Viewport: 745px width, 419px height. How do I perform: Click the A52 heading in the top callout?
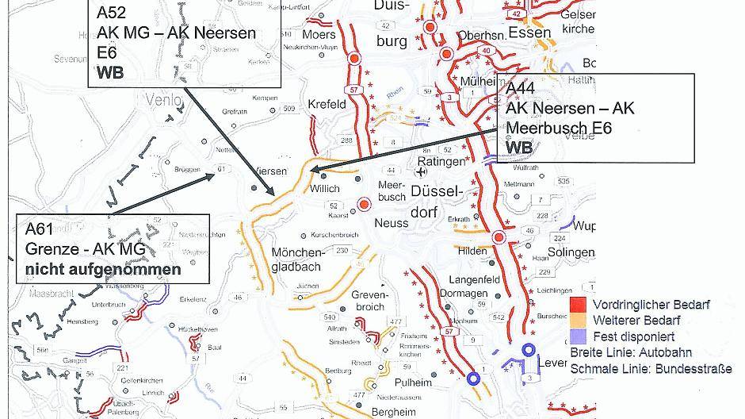coord(111,14)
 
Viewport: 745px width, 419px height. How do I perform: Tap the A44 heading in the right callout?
coord(521,88)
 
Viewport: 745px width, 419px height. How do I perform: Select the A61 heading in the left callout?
coord(40,229)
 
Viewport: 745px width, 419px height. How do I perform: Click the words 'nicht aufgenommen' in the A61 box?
coord(103,269)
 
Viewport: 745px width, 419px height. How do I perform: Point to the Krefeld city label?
coord(327,104)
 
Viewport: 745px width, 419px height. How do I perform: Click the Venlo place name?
coord(164,101)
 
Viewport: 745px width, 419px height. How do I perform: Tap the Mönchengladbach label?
coord(296,259)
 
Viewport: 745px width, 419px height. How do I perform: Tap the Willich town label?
coord(325,189)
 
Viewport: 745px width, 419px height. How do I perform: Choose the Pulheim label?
coord(415,382)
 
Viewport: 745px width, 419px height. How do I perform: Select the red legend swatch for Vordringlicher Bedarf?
coord(579,305)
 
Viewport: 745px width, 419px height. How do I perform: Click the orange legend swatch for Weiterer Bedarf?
coord(579,321)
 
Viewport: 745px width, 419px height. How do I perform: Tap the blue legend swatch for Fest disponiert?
coord(579,336)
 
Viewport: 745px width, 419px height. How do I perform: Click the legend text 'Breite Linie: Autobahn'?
coord(630,352)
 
